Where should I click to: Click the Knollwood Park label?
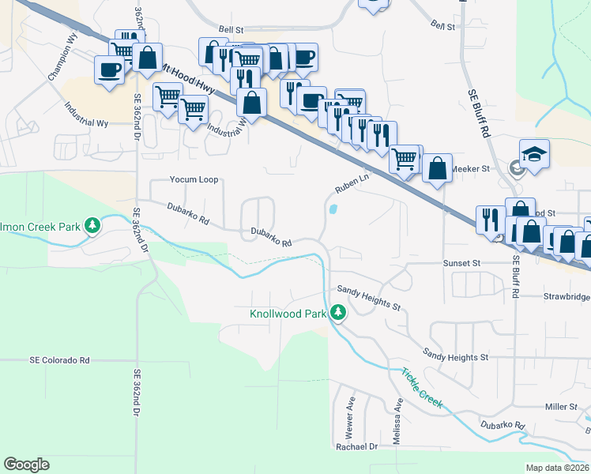pos(288,314)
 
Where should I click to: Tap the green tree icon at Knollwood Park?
pos(338,313)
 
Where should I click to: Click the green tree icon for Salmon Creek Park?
pos(92,227)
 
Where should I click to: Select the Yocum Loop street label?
pos(194,179)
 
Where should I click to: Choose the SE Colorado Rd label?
pos(60,359)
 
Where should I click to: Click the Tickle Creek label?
pos(421,389)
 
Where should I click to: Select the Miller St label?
pos(562,406)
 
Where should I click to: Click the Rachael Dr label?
pos(357,446)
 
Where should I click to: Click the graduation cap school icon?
pos(534,152)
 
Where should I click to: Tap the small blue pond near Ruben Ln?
pos(333,210)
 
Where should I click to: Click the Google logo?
pos(26,465)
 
